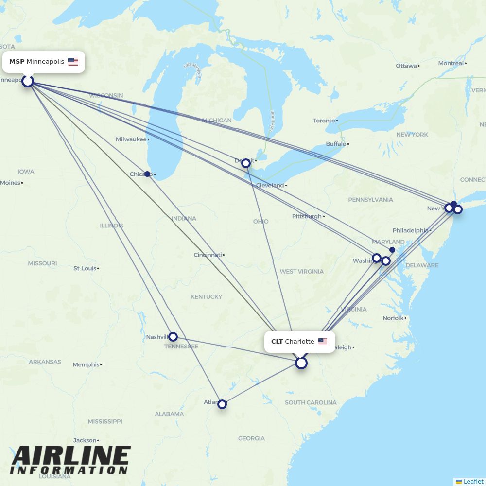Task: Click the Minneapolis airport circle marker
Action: tap(28, 81)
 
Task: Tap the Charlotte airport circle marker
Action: tap(301, 363)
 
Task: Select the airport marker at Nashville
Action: tap(173, 336)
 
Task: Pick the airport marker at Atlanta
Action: tap(222, 404)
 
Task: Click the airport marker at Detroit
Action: tap(246, 163)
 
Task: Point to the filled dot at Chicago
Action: tap(147, 174)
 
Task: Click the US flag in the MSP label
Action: tap(73, 62)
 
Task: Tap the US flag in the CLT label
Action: tap(323, 342)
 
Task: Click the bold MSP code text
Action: tap(17, 62)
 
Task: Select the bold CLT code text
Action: tap(277, 342)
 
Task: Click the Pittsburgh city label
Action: tap(307, 216)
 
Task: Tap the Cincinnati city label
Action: tap(208, 255)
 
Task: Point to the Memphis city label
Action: tap(86, 364)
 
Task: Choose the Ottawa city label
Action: tap(406, 66)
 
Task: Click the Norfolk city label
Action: tap(393, 318)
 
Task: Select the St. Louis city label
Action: tap(85, 268)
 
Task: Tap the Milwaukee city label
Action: tap(131, 139)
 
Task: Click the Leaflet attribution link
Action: tap(473, 481)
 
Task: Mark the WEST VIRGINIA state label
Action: tap(301, 271)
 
